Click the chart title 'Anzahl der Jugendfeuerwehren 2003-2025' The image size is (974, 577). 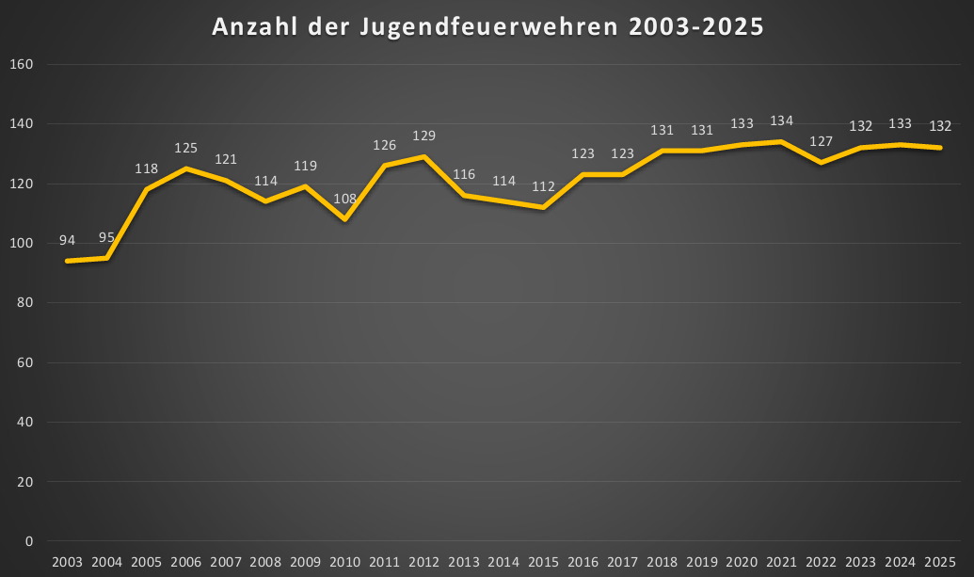tap(487, 27)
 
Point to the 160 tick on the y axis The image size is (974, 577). tap(22, 64)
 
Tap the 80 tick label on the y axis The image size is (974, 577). tap(24, 303)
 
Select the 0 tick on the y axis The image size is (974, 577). tap(29, 541)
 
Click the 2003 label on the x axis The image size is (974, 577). tap(67, 562)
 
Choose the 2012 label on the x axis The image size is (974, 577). tap(423, 562)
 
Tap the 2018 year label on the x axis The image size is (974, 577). tap(662, 562)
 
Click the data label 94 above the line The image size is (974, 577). tap(67, 240)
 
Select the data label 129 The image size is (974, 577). tap(423, 136)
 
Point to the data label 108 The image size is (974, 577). tap(344, 199)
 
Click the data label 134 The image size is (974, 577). tap(781, 120)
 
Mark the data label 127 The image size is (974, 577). tap(821, 142)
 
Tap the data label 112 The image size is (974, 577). tap(543, 186)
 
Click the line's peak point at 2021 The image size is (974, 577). tap(781, 141)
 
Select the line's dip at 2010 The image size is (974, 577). tap(344, 219)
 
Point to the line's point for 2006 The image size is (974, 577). tap(185, 168)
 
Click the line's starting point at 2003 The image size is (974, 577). tap(67, 261)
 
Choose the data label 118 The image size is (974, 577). tap(146, 168)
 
